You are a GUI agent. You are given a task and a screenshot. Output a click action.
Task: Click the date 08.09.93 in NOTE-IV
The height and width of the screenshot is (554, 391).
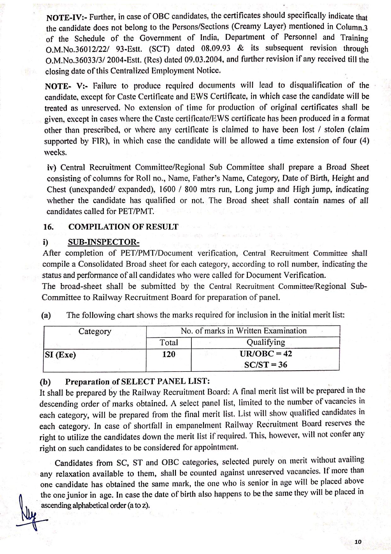click(215, 49)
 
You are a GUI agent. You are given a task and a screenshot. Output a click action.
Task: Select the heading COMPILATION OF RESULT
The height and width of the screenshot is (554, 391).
click(123, 227)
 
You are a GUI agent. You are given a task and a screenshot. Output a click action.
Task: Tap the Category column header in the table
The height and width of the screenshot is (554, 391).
click(95, 331)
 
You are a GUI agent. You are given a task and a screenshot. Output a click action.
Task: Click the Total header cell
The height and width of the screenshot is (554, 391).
click(169, 343)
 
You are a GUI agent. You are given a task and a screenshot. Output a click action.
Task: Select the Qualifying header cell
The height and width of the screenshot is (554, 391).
click(266, 342)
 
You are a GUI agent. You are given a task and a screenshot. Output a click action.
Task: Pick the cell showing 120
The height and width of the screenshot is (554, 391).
click(169, 354)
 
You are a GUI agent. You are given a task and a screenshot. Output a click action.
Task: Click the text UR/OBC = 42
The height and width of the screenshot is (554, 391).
click(266, 354)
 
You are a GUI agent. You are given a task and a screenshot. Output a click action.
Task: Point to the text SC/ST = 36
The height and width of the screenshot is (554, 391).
click(266, 365)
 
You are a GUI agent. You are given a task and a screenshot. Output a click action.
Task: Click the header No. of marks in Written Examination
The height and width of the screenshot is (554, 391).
click(243, 331)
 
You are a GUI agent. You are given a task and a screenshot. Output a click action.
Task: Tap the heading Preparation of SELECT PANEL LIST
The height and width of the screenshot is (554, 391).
click(137, 382)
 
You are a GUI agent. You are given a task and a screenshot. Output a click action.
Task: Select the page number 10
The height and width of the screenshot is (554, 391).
click(358, 542)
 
